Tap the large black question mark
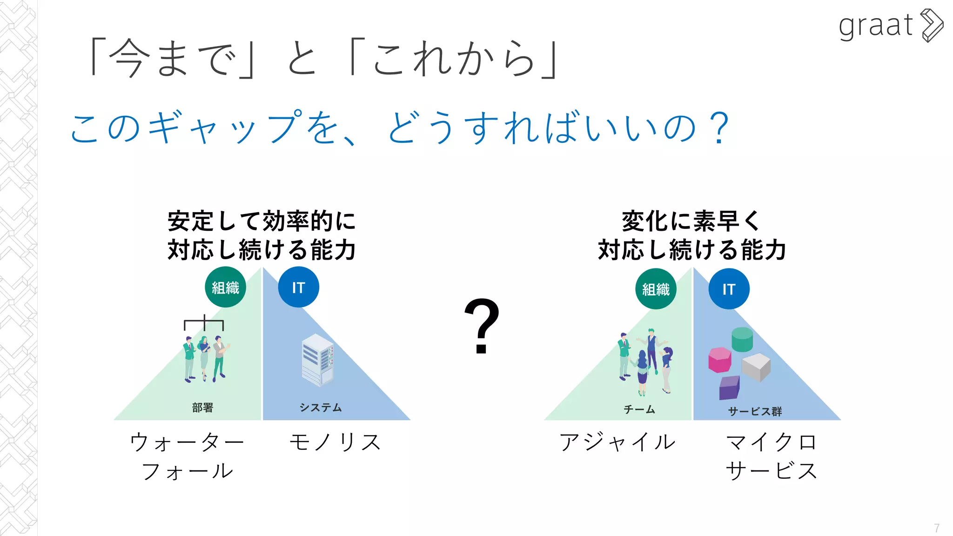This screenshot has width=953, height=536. click(482, 326)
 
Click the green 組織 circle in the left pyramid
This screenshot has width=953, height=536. click(225, 287)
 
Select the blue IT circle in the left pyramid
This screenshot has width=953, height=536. click(298, 287)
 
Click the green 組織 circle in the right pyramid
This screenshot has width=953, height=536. click(656, 289)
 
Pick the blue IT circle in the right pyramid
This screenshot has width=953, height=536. click(729, 289)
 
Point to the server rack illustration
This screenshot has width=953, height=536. click(318, 360)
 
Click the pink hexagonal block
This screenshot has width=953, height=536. click(719, 360)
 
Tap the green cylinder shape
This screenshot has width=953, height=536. click(742, 339)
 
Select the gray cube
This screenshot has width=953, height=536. click(756, 367)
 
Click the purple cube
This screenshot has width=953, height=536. click(729, 388)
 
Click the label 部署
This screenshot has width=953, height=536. click(202, 408)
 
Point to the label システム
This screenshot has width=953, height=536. click(321, 408)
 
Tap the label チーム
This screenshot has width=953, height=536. click(639, 409)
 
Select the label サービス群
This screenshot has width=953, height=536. click(755, 411)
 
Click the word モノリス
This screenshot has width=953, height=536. click(335, 442)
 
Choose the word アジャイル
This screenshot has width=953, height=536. click(617, 442)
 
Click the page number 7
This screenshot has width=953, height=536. click(936, 528)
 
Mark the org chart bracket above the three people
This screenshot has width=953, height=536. click(204, 322)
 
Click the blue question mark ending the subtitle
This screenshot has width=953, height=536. click(720, 128)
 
